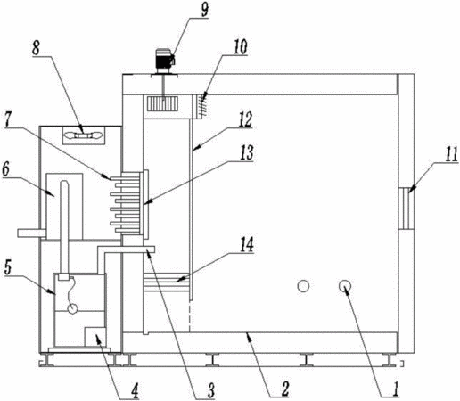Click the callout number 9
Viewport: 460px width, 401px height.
coord(204,10)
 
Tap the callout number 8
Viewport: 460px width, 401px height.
coord(36,48)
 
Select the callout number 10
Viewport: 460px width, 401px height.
coord(240,46)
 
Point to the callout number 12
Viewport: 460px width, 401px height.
coord(245,119)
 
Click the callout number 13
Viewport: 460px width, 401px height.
coord(246,152)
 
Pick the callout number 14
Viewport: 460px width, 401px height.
coord(247,244)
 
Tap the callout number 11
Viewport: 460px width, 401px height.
coord(451,154)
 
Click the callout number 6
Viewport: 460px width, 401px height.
coord(5,169)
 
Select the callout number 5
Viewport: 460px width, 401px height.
coord(7,268)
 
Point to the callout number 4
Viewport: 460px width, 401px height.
coord(135,390)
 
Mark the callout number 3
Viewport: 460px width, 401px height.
coord(210,390)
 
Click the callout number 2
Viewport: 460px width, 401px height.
coord(285,389)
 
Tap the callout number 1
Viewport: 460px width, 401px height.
coord(395,389)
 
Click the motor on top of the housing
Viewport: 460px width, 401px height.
coord(164,61)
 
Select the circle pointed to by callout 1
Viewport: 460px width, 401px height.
coord(345,286)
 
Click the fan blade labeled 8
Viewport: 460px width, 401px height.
coord(84,135)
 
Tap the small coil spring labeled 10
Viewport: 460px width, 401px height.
coord(202,105)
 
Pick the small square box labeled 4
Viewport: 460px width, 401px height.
coord(95,337)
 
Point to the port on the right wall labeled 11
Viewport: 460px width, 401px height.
coord(406,209)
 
